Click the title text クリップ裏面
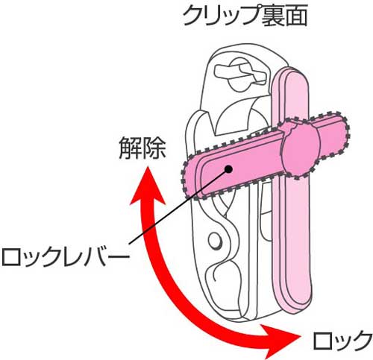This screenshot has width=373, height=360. tap(245, 16)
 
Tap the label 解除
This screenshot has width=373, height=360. tap(142, 148)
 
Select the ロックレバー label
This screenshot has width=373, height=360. tap(66, 256)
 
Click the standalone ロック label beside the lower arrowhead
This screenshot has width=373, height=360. tap(342, 340)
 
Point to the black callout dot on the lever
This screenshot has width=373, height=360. tap(228, 169)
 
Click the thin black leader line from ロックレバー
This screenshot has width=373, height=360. tap(178, 207)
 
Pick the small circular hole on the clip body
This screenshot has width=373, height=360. tap(214, 241)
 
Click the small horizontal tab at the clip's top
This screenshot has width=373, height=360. tap(239, 72)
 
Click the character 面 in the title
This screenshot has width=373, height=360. tap(296, 16)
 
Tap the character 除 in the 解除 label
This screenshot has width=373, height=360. tap(154, 148)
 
